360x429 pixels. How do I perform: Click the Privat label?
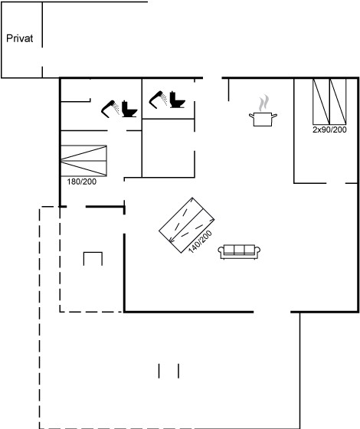click(x=19, y=38)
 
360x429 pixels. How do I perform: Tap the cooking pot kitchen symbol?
click(x=263, y=119)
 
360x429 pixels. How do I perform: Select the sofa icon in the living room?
click(x=239, y=252)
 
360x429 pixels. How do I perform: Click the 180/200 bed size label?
click(x=81, y=182)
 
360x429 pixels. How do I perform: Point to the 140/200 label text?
click(x=200, y=241)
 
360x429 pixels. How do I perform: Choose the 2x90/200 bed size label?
click(x=329, y=129)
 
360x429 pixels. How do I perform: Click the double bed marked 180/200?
click(x=83, y=161)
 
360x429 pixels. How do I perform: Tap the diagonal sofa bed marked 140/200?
click(x=186, y=225)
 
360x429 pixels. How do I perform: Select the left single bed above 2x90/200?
click(x=321, y=101)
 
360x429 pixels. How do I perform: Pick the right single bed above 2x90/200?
click(x=338, y=101)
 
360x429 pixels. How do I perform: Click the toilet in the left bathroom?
click(x=129, y=109)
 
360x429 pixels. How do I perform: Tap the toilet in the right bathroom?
click(x=177, y=100)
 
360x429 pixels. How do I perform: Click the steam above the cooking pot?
click(x=263, y=103)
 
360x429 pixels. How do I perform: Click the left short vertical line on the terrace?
click(x=159, y=371)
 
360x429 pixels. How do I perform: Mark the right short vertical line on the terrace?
click(x=178, y=371)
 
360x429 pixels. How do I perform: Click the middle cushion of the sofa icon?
click(x=239, y=250)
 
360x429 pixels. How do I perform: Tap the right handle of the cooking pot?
click(x=274, y=116)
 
